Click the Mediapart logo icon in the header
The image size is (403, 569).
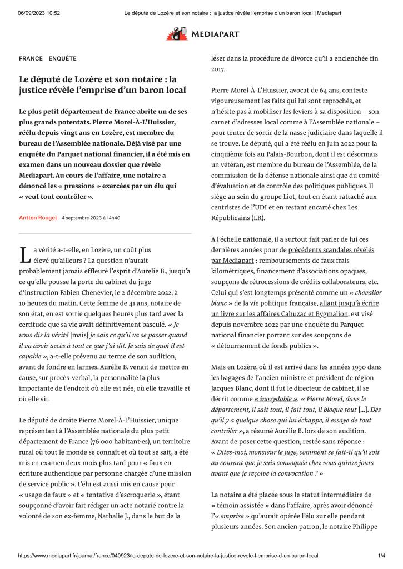click(x=177, y=34)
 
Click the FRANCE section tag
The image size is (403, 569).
click(x=31, y=58)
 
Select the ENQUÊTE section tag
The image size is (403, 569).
click(x=62, y=58)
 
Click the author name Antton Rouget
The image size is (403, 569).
click(x=38, y=218)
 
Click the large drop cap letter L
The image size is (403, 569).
click(x=25, y=255)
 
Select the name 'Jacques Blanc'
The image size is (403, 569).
click(x=230, y=388)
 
